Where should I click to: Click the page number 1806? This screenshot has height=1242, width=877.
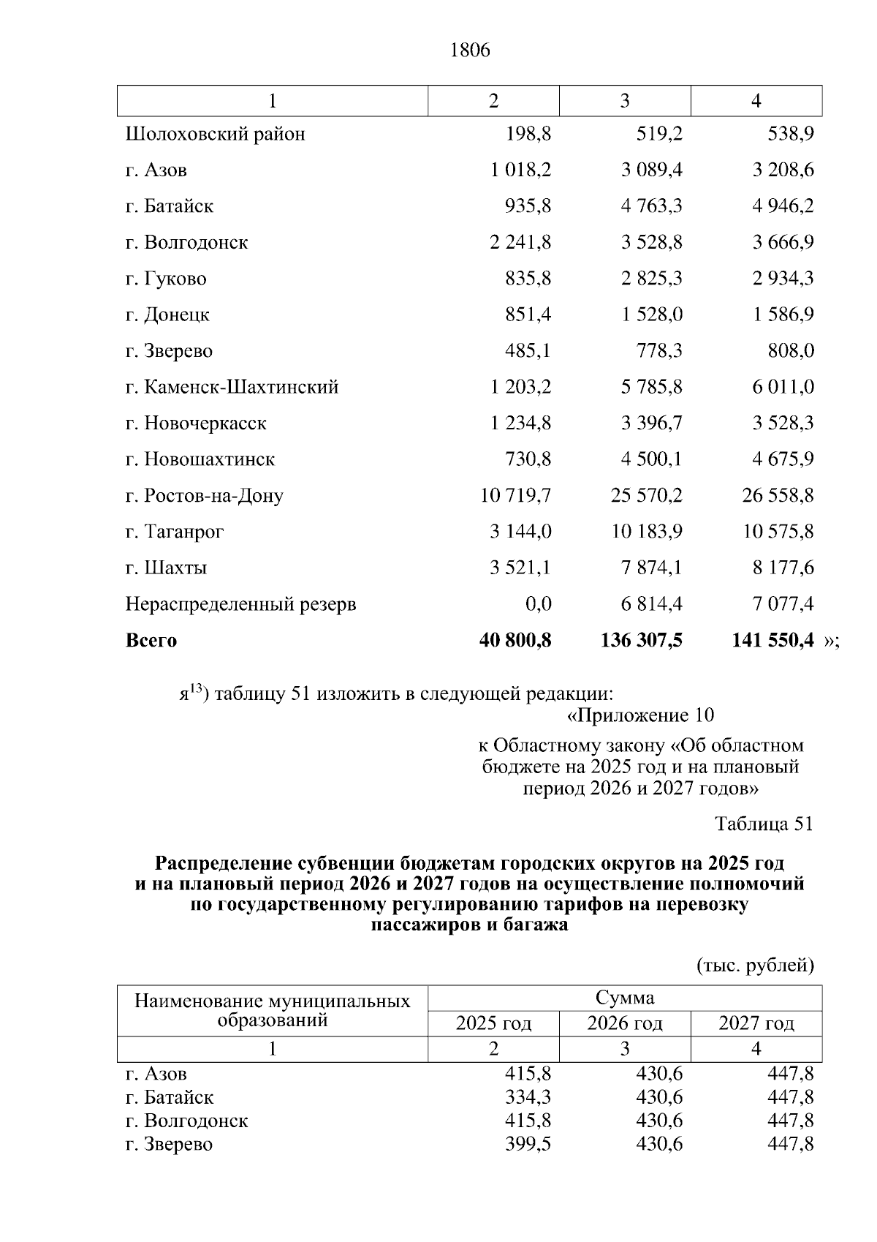[471, 50]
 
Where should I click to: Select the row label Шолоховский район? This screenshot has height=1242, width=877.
[215, 135]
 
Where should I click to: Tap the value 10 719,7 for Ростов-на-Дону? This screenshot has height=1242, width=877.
[515, 496]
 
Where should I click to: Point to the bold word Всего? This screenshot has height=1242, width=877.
[151, 641]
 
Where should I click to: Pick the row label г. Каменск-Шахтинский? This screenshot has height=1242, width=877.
[232, 387]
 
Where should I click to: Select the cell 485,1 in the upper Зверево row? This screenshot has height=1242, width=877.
[528, 351]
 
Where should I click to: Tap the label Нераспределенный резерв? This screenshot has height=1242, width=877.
[240, 604]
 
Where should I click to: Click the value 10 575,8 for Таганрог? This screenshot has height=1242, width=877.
[778, 532]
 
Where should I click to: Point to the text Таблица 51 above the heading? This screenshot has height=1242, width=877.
[764, 824]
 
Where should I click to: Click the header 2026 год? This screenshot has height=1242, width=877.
[624, 1023]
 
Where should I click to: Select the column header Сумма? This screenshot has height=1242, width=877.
[624, 998]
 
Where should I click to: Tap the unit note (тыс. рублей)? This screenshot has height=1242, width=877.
[755, 966]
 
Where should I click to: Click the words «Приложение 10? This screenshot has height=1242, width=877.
[640, 715]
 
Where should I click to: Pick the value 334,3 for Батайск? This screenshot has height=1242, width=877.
[528, 1097]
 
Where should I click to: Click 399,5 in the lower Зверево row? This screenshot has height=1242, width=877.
[528, 1144]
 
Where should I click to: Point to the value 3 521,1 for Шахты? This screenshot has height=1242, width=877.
[520, 568]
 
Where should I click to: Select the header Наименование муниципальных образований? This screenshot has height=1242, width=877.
[272, 1010]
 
